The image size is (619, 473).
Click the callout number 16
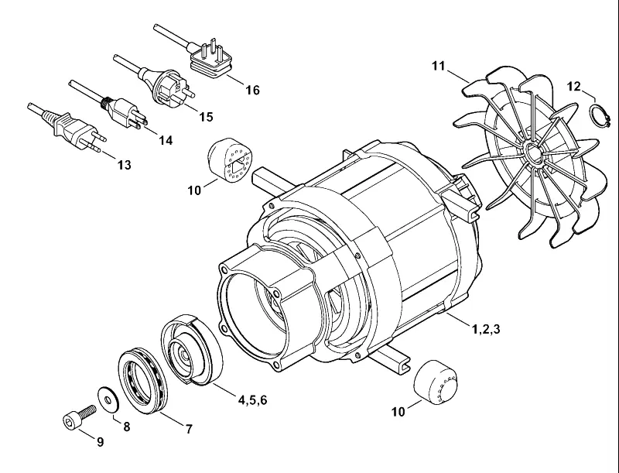coord(253,91)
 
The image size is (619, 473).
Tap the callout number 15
coord(206,117)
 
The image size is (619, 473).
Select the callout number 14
coord(166,140)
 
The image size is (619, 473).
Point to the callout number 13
coord(124,165)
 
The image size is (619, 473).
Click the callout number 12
coord(574,86)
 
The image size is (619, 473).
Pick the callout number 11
coord(438,66)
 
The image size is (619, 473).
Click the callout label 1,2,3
coord(486,328)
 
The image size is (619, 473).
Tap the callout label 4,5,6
coord(253,400)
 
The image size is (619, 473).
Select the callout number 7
coord(189,429)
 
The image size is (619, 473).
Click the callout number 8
coord(126,427)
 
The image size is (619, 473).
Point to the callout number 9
coord(101,442)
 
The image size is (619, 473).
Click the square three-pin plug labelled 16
coord(209,60)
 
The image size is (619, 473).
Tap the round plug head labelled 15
coord(170,87)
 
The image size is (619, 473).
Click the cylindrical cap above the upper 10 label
coord(229,160)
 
